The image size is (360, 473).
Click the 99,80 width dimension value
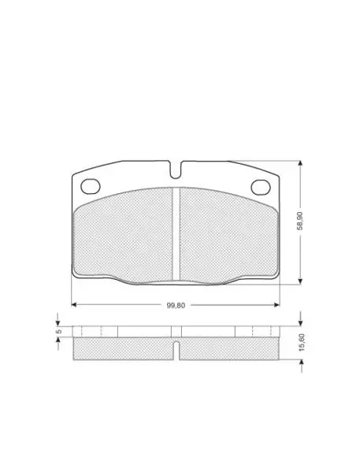(x=176, y=305)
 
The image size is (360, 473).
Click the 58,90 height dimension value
(x=299, y=221)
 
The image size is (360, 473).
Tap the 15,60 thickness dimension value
(x=302, y=342)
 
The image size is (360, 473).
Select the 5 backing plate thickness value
(x=59, y=331)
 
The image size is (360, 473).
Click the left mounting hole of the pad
(x=91, y=186)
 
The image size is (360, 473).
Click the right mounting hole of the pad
(x=261, y=187)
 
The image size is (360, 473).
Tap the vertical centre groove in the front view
(x=176, y=234)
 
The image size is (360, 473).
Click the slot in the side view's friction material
(x=176, y=351)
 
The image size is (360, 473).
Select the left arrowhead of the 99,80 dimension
(x=74, y=304)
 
